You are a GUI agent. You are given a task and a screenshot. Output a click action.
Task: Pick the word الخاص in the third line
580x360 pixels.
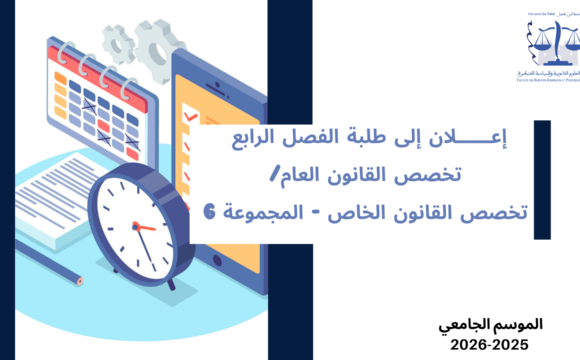(341, 212)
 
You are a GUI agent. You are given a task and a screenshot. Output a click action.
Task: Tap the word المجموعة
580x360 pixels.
(257, 212)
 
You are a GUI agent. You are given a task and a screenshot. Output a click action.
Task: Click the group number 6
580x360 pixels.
(208, 212)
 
